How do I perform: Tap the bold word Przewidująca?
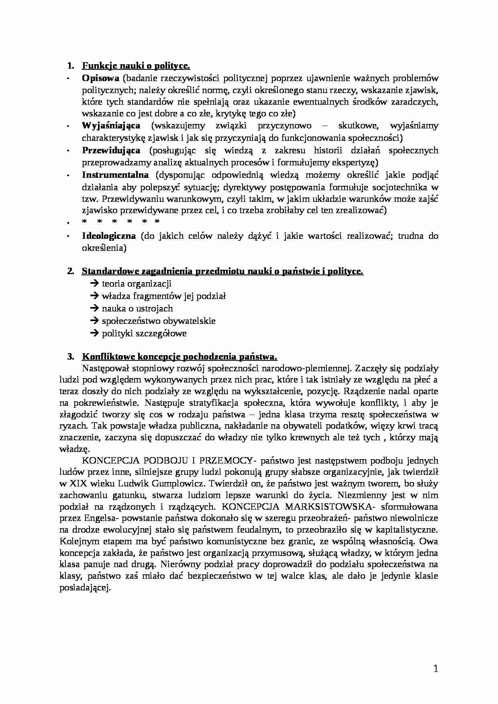[111, 151]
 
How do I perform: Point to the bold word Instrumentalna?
[115, 175]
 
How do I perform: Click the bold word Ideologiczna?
[109, 236]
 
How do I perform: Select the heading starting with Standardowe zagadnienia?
[222, 271]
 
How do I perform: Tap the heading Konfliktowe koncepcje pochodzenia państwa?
[180, 357]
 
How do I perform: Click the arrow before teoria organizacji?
[95, 284]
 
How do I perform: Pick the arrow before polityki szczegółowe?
[95, 334]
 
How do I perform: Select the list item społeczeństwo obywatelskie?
[159, 321]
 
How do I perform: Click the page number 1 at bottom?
[436, 669]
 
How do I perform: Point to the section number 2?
[70, 271]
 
